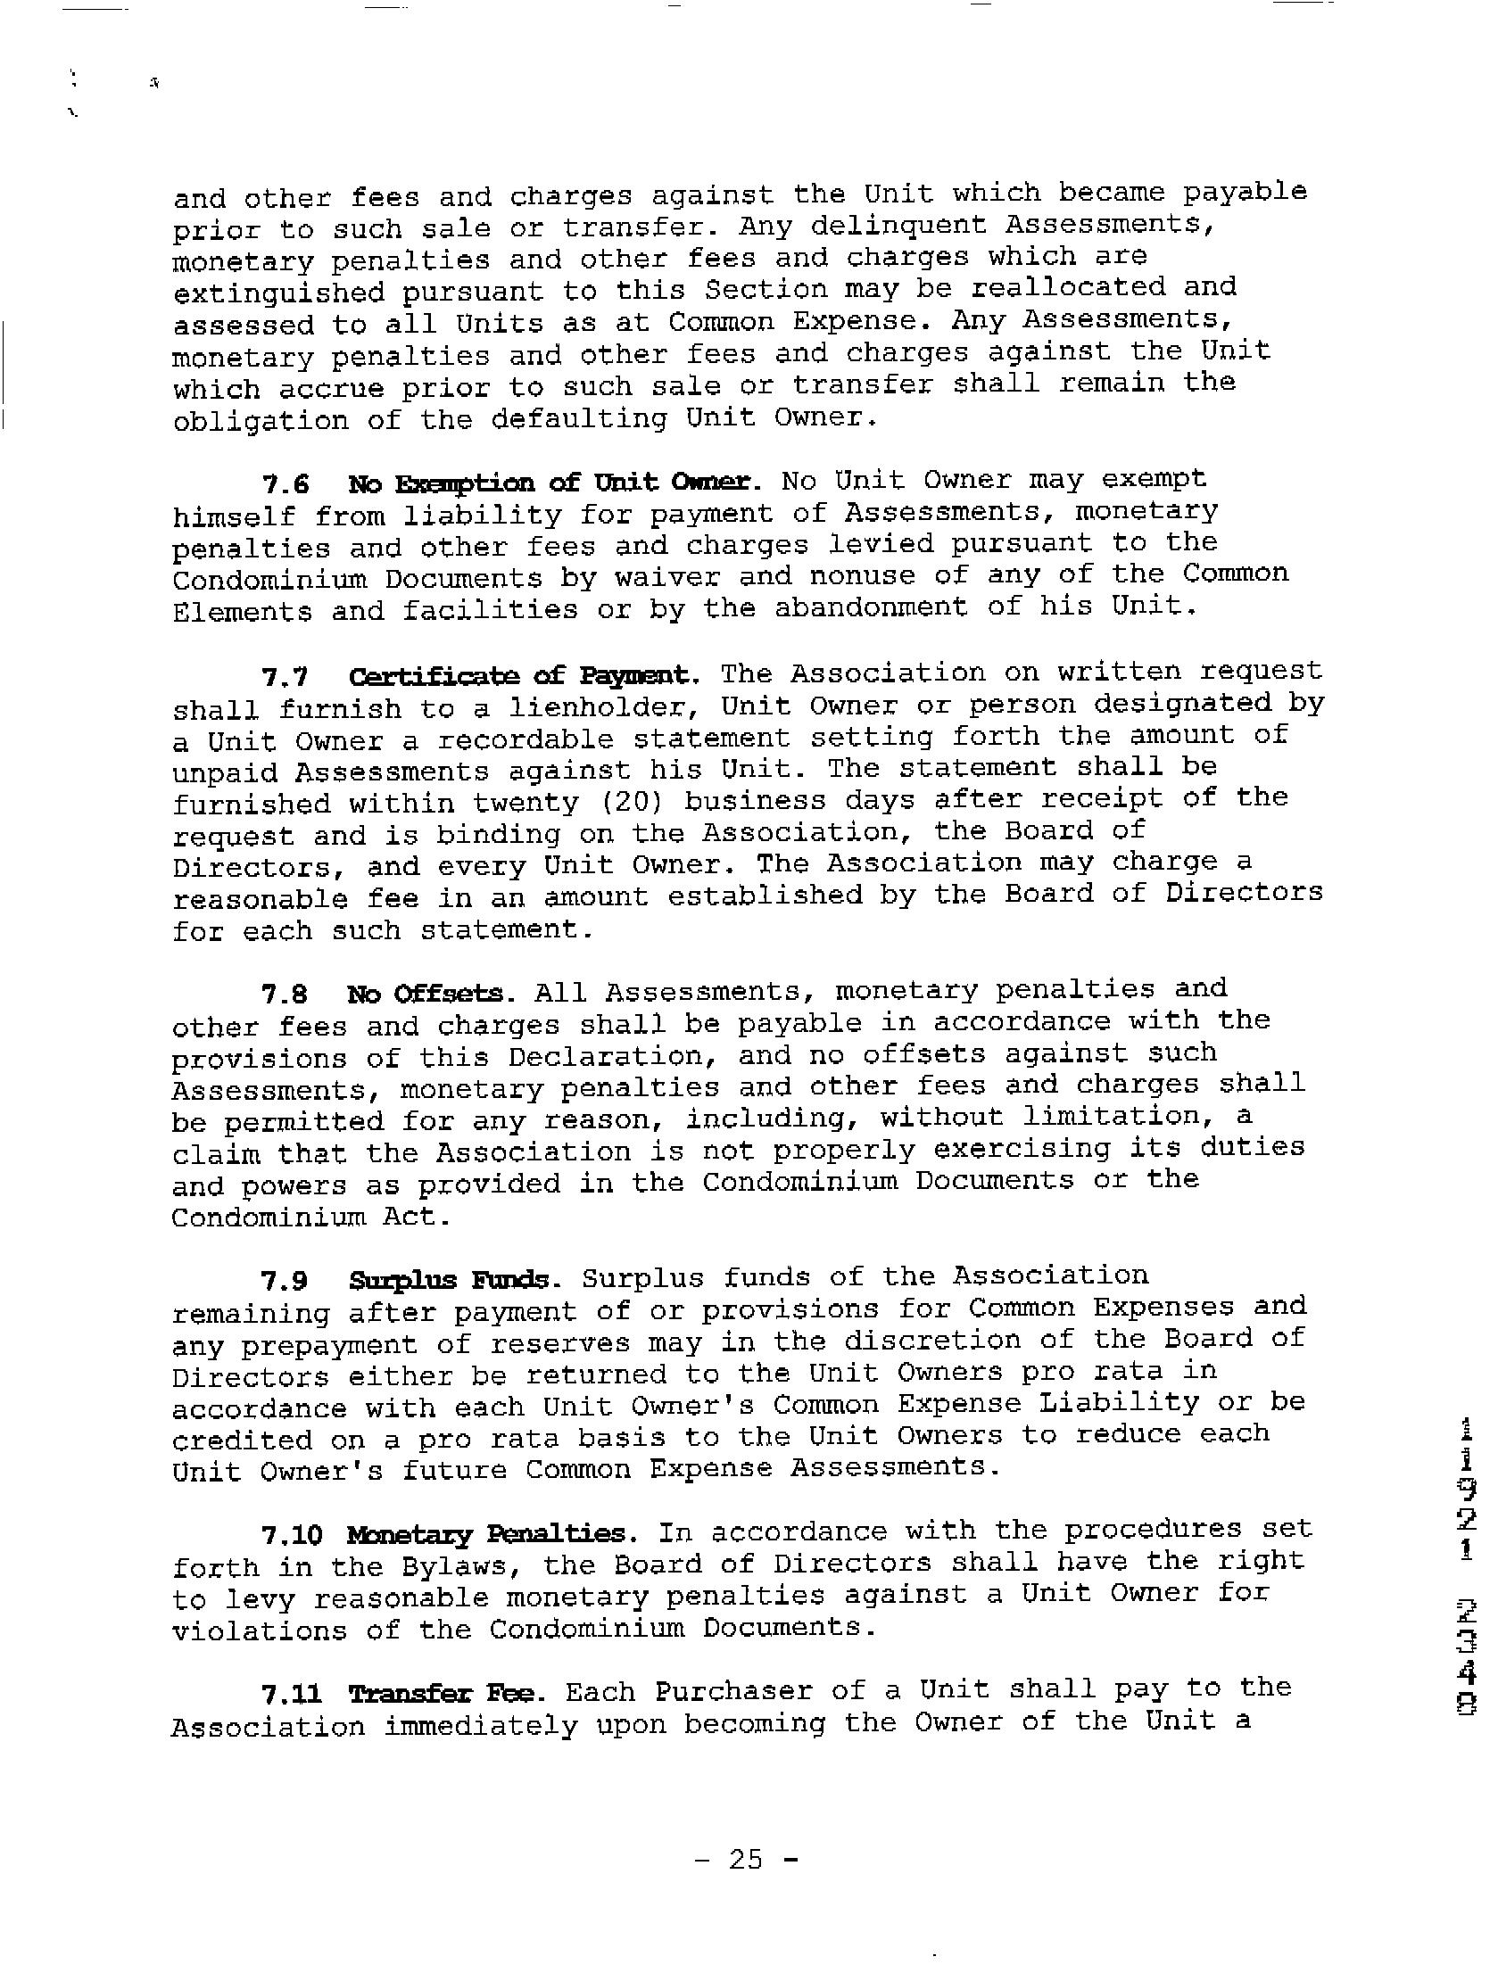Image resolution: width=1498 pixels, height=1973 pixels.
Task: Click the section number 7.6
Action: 286,484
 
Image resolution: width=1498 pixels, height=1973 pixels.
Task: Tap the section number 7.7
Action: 286,678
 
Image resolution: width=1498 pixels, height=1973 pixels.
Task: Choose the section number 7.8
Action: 286,995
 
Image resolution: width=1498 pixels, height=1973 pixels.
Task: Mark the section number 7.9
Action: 286,1282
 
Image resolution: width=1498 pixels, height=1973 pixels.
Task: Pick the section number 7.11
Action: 292,1693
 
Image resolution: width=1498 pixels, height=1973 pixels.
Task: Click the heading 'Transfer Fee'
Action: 455,1692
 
